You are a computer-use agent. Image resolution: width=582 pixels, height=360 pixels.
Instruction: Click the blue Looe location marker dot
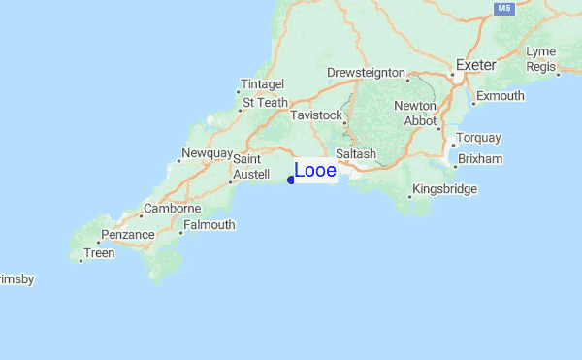point(291,180)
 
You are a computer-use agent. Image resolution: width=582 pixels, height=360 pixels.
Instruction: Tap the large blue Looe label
point(315,171)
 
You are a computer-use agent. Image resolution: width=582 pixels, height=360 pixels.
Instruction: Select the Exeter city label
point(476,65)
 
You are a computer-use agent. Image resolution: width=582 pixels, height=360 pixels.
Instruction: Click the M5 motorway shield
point(502,9)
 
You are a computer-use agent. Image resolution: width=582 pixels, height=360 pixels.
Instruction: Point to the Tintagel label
point(262,84)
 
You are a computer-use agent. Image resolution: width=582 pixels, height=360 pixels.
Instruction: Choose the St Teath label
point(265,102)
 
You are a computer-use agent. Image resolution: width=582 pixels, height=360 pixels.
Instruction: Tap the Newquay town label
point(208,154)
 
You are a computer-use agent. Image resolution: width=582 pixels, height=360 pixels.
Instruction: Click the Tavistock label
point(316,115)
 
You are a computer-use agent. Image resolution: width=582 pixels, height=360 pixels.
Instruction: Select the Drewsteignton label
point(366,72)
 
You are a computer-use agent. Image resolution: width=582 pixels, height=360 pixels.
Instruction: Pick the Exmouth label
point(501,96)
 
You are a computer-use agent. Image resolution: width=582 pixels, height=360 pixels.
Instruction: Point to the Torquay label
point(478,138)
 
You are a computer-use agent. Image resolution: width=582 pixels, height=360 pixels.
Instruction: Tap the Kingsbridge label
point(444,189)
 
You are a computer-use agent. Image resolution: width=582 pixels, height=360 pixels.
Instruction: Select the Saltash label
point(355,154)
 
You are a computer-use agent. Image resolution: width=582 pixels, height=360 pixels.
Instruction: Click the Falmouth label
point(210,225)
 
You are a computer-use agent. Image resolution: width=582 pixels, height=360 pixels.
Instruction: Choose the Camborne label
point(172,209)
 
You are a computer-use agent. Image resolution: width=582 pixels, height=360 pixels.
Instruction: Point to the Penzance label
point(129,235)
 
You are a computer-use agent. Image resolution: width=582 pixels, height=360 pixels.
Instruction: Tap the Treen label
point(100,253)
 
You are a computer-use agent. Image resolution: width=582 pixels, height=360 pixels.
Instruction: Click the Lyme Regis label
point(540,58)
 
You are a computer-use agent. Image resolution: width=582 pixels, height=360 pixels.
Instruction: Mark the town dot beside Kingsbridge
point(409,197)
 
